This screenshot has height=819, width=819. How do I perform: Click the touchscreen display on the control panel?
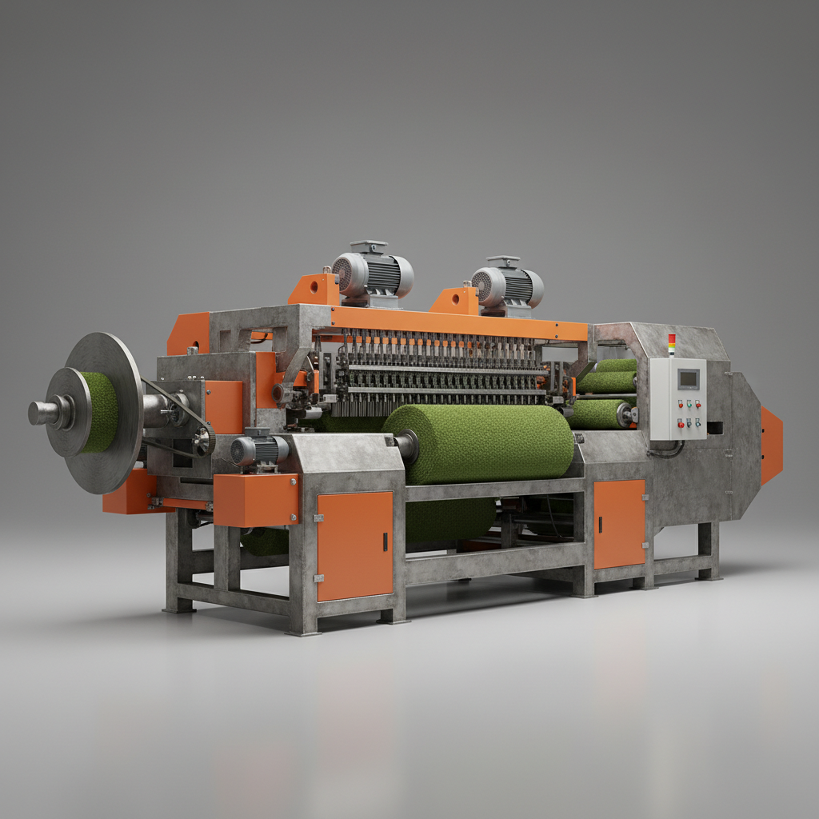point(687,378)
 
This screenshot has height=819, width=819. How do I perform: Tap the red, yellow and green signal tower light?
point(671,345)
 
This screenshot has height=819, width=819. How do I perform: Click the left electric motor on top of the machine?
point(373,275)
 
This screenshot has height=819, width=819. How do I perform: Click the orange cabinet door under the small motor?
point(355,545)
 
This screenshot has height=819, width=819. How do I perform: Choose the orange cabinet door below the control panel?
point(619,524)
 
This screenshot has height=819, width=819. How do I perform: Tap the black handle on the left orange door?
point(385,541)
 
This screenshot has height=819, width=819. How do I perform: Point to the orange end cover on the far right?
point(771,445)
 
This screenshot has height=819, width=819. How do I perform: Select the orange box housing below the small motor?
point(255,500)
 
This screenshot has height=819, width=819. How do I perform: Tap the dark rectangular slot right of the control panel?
point(715,428)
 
